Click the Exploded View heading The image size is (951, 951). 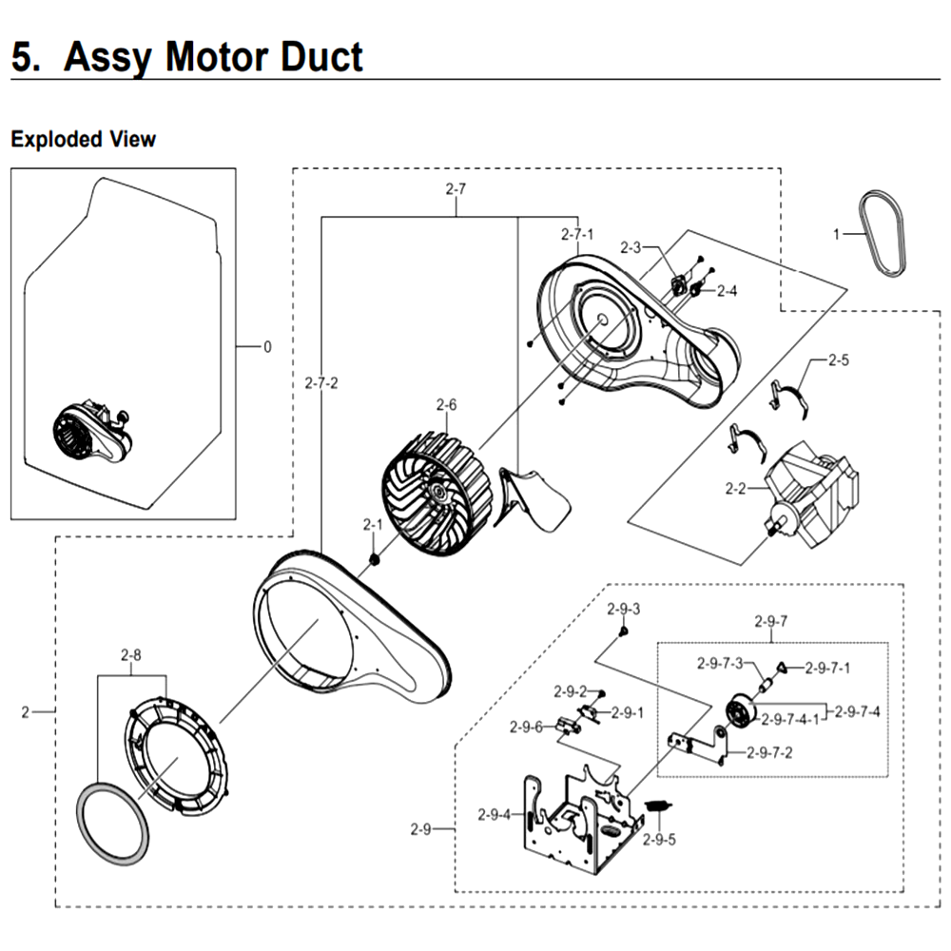pyautogui.click(x=83, y=139)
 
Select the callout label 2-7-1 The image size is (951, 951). pyautogui.click(x=577, y=234)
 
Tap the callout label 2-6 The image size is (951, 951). pyautogui.click(x=446, y=404)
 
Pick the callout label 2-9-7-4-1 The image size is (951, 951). pyautogui.click(x=789, y=719)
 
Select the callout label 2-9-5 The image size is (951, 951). pyautogui.click(x=659, y=840)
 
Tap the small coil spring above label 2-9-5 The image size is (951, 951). pyautogui.click(x=658, y=806)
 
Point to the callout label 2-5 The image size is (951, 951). pyautogui.click(x=839, y=360)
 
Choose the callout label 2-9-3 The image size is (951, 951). pyautogui.click(x=624, y=609)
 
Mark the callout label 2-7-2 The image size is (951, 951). pyautogui.click(x=321, y=383)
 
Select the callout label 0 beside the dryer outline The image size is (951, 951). pyautogui.click(x=267, y=347)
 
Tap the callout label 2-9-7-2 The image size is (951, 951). pyautogui.click(x=769, y=752)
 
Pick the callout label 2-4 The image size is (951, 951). pyautogui.click(x=727, y=291)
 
